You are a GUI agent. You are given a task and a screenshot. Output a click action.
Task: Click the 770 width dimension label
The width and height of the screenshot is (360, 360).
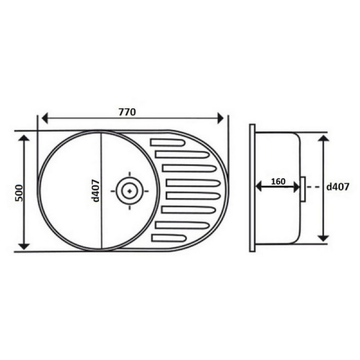click(127, 112)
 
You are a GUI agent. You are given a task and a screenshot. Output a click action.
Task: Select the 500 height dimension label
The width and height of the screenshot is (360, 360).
click(19, 193)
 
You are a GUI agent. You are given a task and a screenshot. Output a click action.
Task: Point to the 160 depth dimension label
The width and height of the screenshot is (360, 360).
click(278, 181)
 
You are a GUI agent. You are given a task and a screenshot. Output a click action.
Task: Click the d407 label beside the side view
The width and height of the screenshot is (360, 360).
click(338, 187)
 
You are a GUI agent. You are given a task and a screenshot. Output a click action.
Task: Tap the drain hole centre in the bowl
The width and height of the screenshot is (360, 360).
click(130, 191)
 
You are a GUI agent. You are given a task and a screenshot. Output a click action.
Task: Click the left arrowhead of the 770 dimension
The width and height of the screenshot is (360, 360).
click(45, 118)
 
